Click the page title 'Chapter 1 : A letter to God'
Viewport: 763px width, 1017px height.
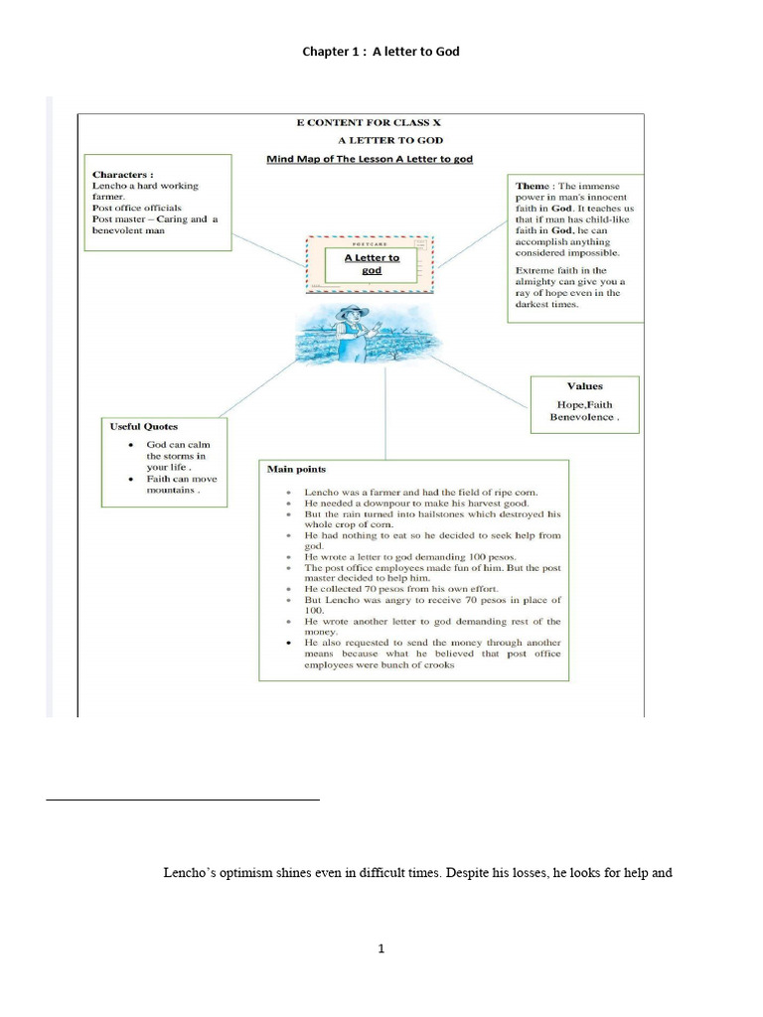pos(381,52)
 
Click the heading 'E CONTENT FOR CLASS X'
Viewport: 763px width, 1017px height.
pos(361,123)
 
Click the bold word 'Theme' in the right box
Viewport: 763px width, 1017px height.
pos(533,186)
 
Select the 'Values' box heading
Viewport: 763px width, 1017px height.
pos(584,386)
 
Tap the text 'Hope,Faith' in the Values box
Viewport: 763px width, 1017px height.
pos(584,405)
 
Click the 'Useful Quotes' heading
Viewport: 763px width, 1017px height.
pos(144,426)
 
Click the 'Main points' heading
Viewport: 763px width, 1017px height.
pos(296,469)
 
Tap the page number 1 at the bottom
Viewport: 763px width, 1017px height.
pos(381,948)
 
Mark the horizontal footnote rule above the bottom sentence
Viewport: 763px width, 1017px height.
pos(183,799)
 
